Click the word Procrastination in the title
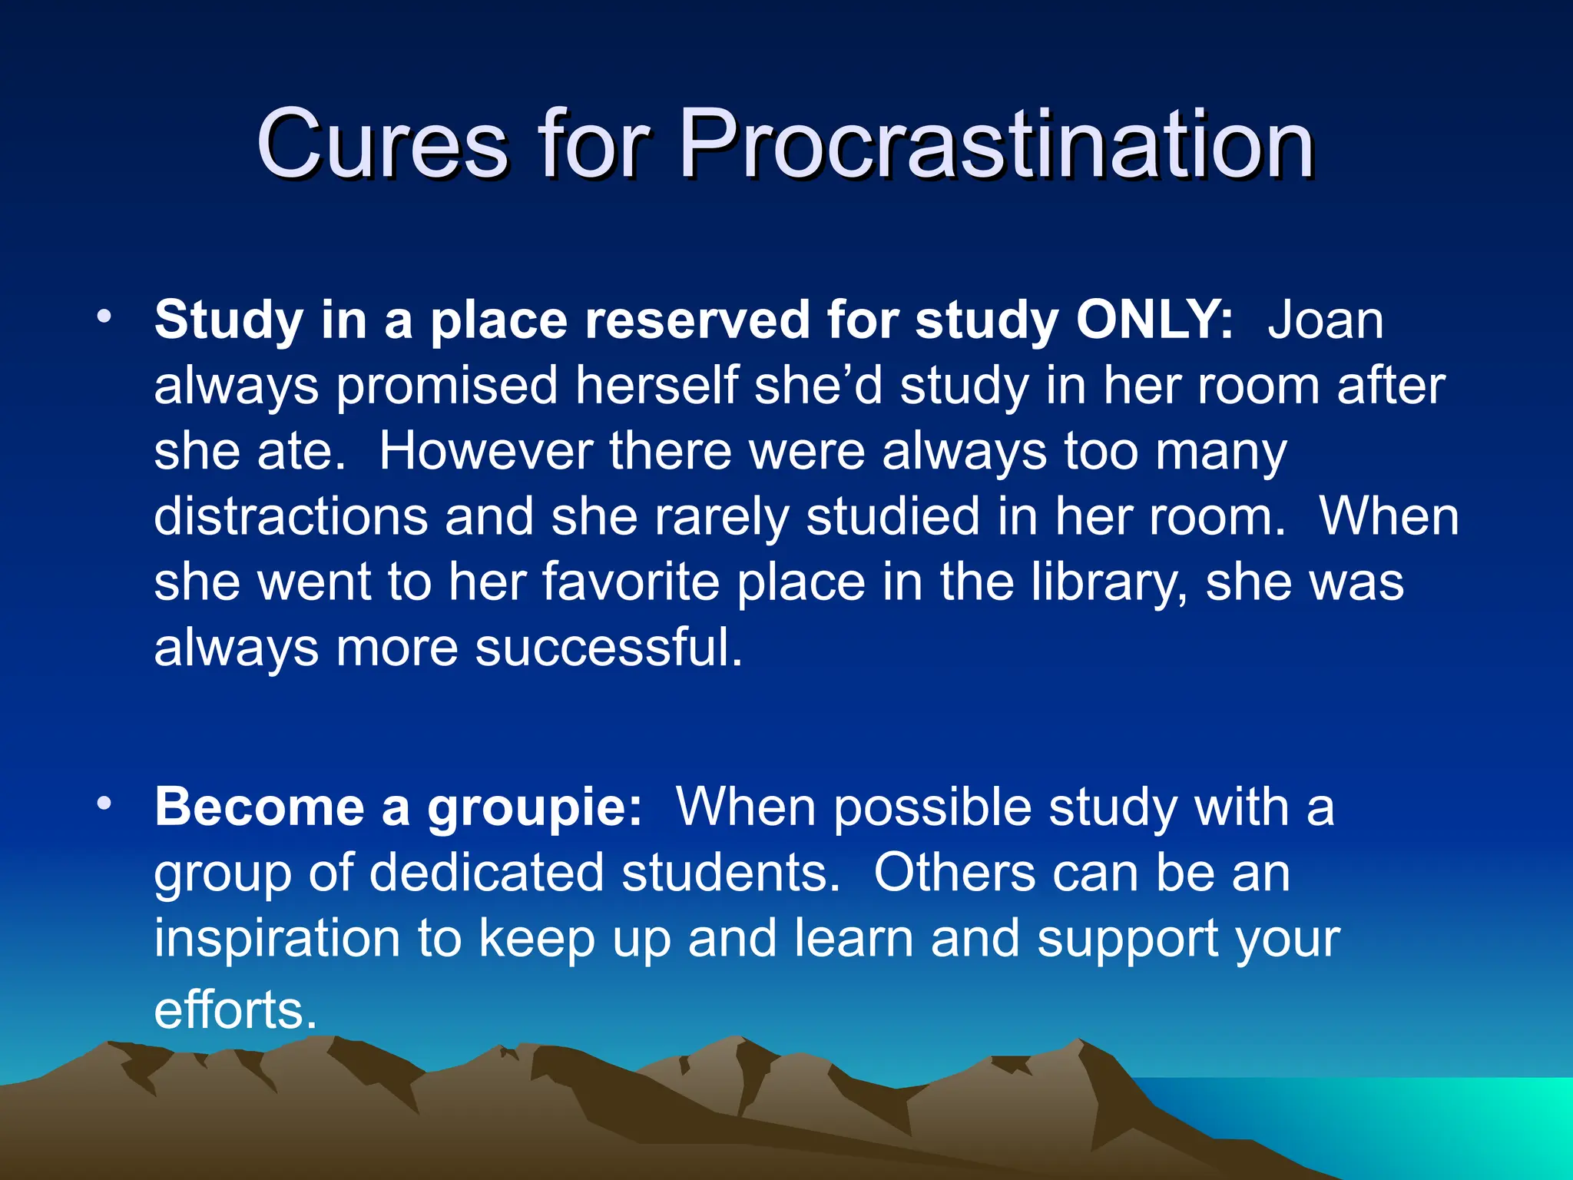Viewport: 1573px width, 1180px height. click(x=996, y=144)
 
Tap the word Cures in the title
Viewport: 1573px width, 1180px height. click(x=382, y=144)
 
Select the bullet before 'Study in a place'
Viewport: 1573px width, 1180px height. click(x=104, y=316)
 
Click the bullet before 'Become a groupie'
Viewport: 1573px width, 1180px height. click(x=104, y=804)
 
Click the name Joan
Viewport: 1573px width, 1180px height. click(x=1325, y=320)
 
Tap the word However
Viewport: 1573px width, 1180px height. click(x=485, y=451)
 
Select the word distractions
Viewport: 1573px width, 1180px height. click(x=290, y=516)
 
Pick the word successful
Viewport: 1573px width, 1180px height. click(x=608, y=648)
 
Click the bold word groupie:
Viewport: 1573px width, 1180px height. click(x=535, y=808)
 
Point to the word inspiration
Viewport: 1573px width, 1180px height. click(x=277, y=939)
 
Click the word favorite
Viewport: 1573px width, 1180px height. click(x=631, y=582)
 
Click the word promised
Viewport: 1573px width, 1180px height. click(x=447, y=386)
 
